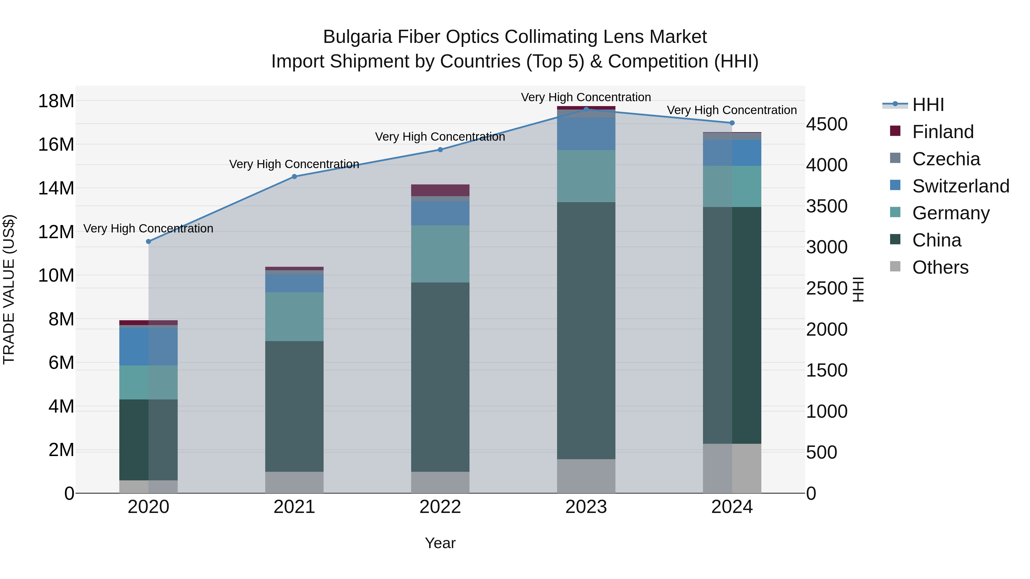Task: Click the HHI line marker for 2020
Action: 148,241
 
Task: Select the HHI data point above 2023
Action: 586,109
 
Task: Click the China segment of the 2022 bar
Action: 440,377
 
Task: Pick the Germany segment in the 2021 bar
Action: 294,317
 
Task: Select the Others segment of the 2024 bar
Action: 732,468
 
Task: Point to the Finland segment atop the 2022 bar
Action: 440,190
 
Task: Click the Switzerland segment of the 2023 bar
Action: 586,134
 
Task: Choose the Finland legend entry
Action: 942,132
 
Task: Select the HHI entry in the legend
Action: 928,105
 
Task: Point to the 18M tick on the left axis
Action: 56,101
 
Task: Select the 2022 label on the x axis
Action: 440,507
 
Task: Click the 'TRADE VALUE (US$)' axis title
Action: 9,289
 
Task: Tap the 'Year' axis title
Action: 440,543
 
